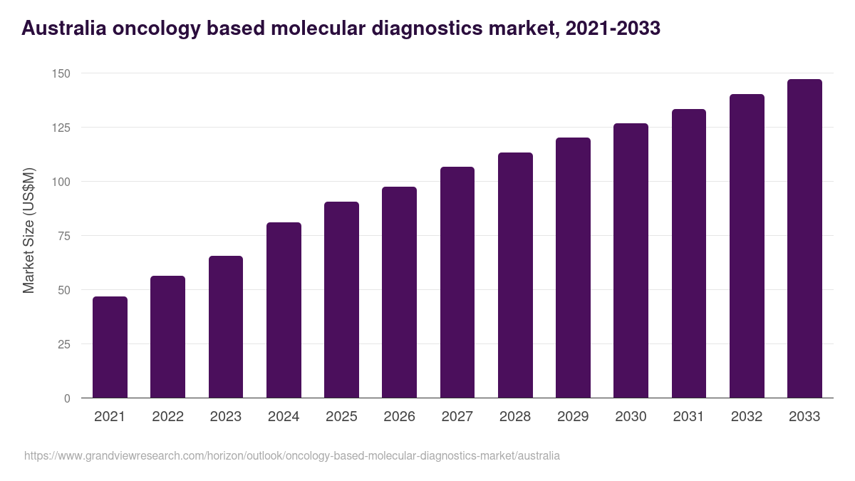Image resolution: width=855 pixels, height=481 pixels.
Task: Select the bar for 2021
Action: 110,347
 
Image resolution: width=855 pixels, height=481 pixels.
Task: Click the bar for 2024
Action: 284,310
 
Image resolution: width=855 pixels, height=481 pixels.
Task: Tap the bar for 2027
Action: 457,282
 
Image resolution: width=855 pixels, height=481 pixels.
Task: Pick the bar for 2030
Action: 631,261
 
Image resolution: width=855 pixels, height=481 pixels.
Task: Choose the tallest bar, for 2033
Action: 804,239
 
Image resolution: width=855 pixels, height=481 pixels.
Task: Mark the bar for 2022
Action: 167,336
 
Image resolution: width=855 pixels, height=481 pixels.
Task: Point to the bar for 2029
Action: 573,268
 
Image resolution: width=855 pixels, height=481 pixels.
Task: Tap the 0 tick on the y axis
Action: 67,398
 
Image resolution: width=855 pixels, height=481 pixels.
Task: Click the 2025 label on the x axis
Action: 341,417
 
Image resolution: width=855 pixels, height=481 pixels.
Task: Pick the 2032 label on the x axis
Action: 747,417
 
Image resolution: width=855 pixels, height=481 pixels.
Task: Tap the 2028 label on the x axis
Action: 515,417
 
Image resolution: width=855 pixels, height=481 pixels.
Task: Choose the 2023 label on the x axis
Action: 225,417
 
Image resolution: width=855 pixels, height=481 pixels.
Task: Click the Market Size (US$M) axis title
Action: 28,230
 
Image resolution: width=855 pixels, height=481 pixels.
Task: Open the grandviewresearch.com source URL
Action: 292,455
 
